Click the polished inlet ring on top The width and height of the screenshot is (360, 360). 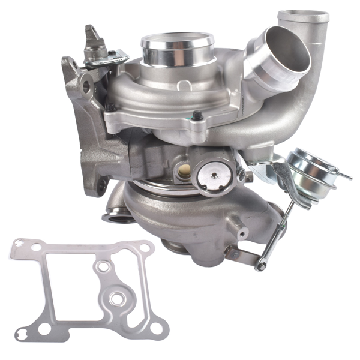pyautogui.click(x=177, y=43)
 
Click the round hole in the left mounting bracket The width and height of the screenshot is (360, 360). pyautogui.click(x=86, y=88)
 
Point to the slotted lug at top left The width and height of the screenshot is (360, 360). pyautogui.click(x=95, y=40)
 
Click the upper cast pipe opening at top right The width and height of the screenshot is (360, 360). pyautogui.click(x=303, y=16)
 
